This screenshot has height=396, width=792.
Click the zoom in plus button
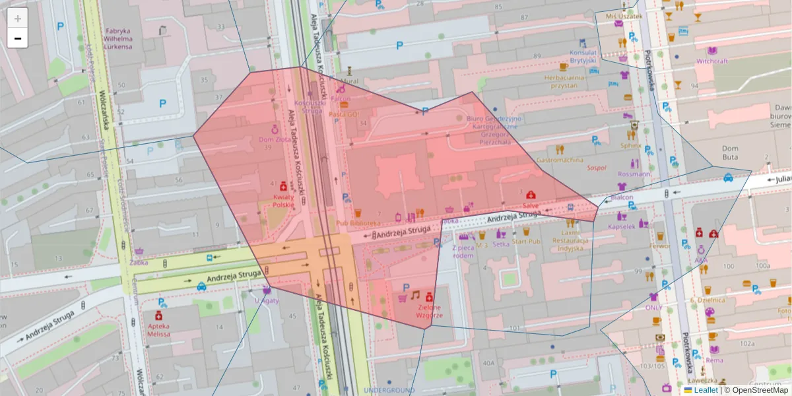[18, 18]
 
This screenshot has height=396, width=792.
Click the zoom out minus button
[18, 38]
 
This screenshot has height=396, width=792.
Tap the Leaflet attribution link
[706, 390]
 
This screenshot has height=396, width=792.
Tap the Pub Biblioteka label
[358, 223]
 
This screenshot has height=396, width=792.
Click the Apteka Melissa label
[159, 330]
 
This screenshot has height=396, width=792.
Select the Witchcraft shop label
[712, 61]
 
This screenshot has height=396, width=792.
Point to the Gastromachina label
[560, 160]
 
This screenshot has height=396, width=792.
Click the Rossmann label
[635, 174]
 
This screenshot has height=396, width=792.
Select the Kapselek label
[621, 226]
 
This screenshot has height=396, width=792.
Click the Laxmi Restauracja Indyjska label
[570, 240]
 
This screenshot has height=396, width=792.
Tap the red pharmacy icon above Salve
[531, 195]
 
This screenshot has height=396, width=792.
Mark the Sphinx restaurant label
[631, 145]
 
